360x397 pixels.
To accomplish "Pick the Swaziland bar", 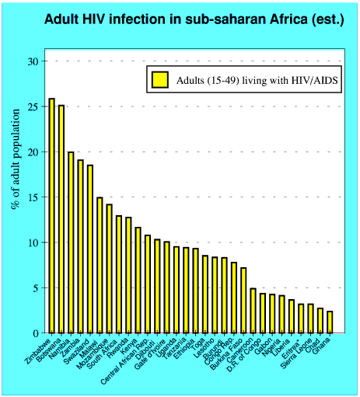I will click(89, 249).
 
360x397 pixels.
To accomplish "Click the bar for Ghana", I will click(330, 322).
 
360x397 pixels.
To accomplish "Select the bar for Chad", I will click(320, 321).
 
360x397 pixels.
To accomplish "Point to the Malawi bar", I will click(100, 265).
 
